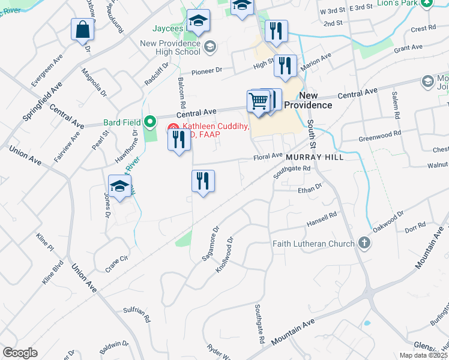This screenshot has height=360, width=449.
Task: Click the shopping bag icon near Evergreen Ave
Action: click(x=82, y=29)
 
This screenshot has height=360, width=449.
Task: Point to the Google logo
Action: click(x=20, y=353)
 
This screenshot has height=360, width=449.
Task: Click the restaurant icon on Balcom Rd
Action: click(x=178, y=140)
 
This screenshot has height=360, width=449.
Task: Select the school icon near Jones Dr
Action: click(x=120, y=187)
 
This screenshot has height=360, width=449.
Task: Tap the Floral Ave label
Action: click(x=268, y=156)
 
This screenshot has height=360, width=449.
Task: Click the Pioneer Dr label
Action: click(x=206, y=71)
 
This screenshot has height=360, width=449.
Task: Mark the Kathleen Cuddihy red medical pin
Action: click(x=173, y=127)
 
